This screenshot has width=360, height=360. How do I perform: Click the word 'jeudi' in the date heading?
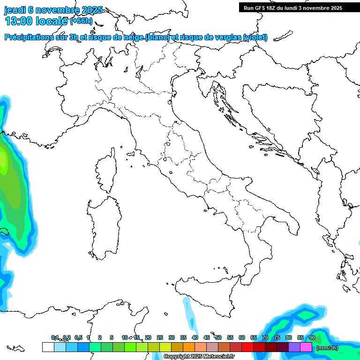pyautogui.click(x=15, y=10)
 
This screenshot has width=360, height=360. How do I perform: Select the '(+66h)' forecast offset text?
pyautogui.click(x=81, y=21)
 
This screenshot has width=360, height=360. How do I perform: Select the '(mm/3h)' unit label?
pyautogui.click(x=327, y=348)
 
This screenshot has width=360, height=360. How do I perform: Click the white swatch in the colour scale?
pyautogui.click(x=48, y=347)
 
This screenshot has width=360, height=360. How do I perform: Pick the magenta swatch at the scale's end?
pyautogui.click(x=306, y=347)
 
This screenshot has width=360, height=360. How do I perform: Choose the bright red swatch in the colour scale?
pyautogui.click(x=247, y=347)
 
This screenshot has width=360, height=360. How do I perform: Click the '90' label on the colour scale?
pyautogui.click(x=312, y=337)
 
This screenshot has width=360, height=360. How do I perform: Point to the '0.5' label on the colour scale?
pyautogui.click(x=78, y=337)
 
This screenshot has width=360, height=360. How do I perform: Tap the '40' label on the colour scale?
pyautogui.click(x=195, y=337)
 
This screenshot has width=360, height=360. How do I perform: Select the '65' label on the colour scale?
pyautogui.click(x=254, y=337)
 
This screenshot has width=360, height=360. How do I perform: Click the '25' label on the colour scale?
pyautogui.click(x=160, y=337)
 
